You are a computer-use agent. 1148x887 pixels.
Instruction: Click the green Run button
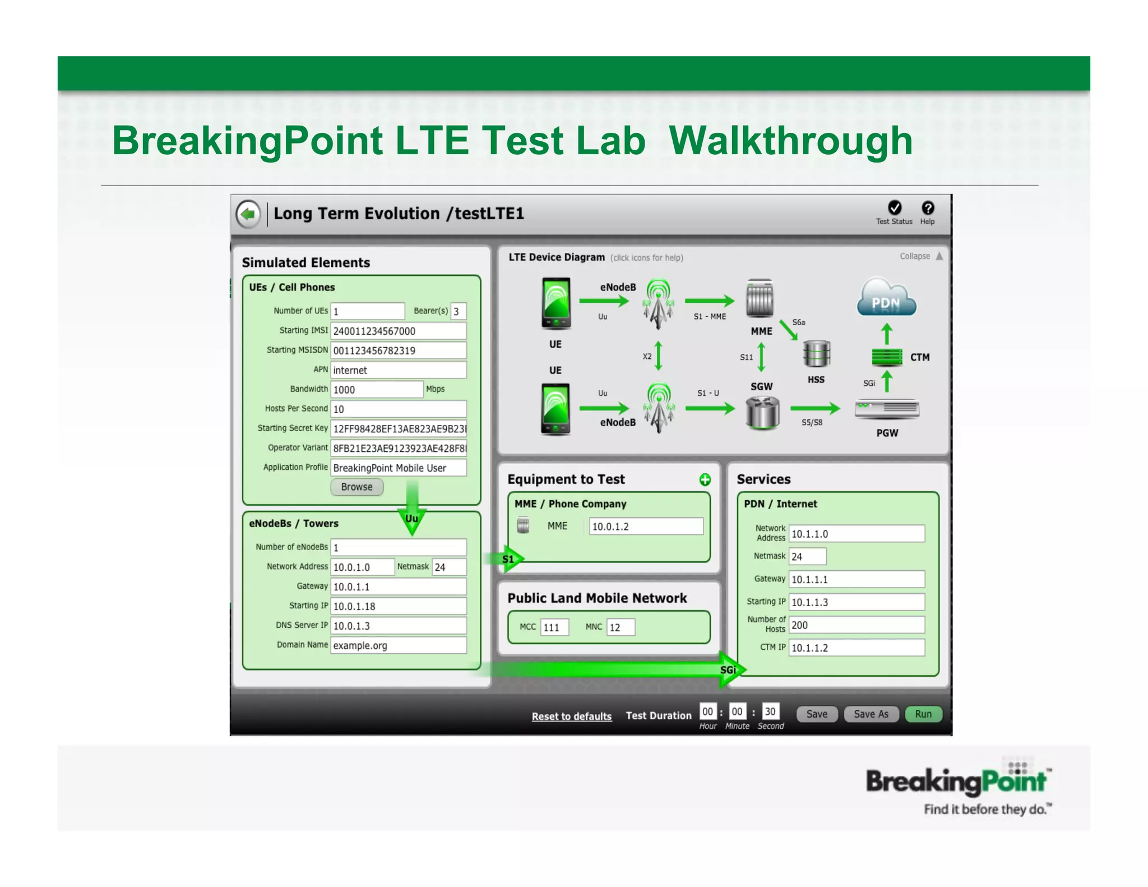click(x=923, y=714)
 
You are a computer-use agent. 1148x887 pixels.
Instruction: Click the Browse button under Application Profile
click(x=357, y=487)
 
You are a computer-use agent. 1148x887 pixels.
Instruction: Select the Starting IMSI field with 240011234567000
click(x=398, y=331)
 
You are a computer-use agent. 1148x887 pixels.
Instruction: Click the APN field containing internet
click(x=398, y=370)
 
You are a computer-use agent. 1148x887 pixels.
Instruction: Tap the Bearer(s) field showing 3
click(x=458, y=311)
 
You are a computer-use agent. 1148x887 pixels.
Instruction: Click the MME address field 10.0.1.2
click(x=646, y=526)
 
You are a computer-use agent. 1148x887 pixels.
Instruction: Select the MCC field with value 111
click(x=554, y=627)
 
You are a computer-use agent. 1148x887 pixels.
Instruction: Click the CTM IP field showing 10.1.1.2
click(x=856, y=648)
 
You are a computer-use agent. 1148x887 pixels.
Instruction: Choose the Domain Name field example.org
click(x=398, y=645)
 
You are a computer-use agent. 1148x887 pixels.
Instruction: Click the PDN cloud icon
click(x=886, y=298)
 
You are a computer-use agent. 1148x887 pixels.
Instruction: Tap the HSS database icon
click(x=816, y=354)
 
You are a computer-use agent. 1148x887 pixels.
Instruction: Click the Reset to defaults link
click(x=571, y=716)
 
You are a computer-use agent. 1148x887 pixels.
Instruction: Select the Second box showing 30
click(x=770, y=712)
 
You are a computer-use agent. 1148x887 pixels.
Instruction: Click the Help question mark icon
click(x=928, y=209)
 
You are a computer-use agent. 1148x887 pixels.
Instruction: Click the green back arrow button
click(x=248, y=214)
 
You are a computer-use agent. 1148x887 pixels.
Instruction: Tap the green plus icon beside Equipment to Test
click(x=705, y=479)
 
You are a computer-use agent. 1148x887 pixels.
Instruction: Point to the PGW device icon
click(x=887, y=409)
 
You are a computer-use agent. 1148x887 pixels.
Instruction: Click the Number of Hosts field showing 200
click(x=856, y=625)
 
